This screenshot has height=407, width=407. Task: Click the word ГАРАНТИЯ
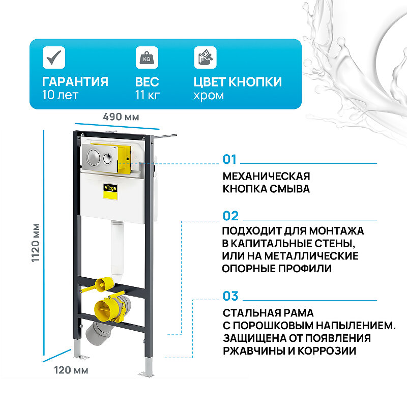coord(75,82)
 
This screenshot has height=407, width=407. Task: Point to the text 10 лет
coord(60,95)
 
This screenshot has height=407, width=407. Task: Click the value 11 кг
coord(148,95)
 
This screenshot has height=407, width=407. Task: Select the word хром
coord(209,95)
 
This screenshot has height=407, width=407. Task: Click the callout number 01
coord(230,160)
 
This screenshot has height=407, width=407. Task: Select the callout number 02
coord(230,216)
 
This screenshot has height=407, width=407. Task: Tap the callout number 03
coord(230,296)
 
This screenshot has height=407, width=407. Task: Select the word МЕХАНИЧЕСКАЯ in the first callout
coord(266,176)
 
